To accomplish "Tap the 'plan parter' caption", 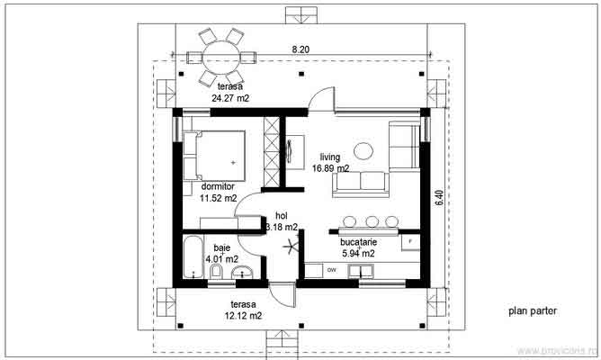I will (x=532, y=311).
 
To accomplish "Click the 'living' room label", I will (x=330, y=157).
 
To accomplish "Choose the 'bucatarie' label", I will (x=358, y=242).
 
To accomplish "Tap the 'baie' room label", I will (x=220, y=247).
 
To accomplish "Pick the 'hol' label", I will (x=281, y=216).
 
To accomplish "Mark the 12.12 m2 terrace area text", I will (x=243, y=316).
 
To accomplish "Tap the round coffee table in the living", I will (x=364, y=149).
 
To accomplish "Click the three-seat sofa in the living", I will (x=360, y=184).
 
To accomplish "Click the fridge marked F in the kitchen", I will (x=411, y=243).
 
